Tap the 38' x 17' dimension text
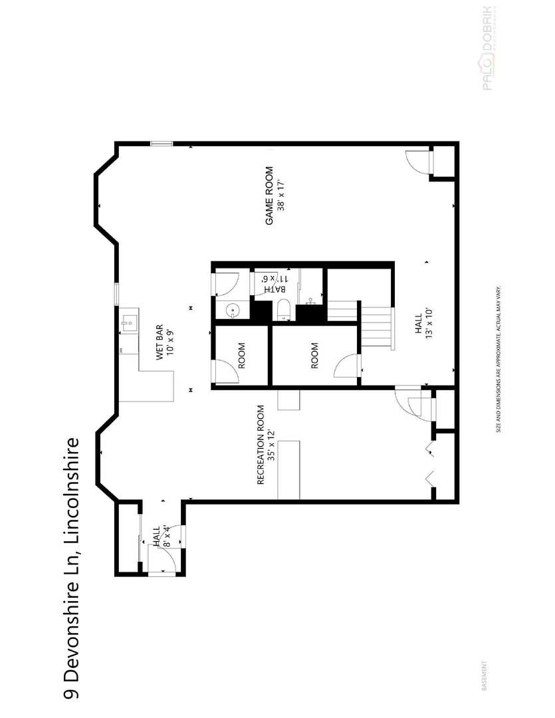tap(281, 195)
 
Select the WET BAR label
tap(160, 342)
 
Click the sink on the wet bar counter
tap(129, 325)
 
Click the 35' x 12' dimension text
tap(271, 444)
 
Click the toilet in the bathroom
tap(282, 310)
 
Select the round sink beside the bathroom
tap(233, 310)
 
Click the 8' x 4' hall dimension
tap(166, 536)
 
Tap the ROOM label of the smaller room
tap(241, 356)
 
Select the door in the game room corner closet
tap(417, 161)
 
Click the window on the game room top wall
tap(161, 143)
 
